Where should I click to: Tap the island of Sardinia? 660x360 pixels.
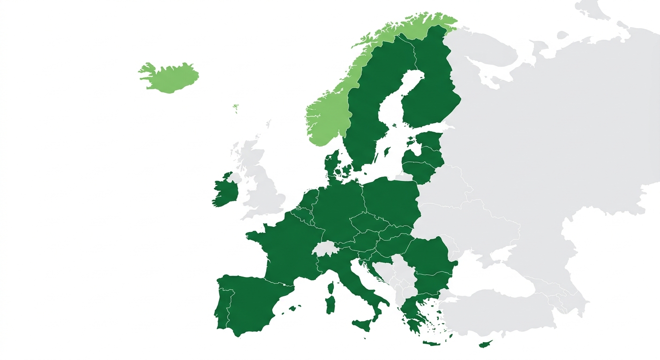coord(330,305)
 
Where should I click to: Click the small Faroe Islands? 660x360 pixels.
coord(236,108)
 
